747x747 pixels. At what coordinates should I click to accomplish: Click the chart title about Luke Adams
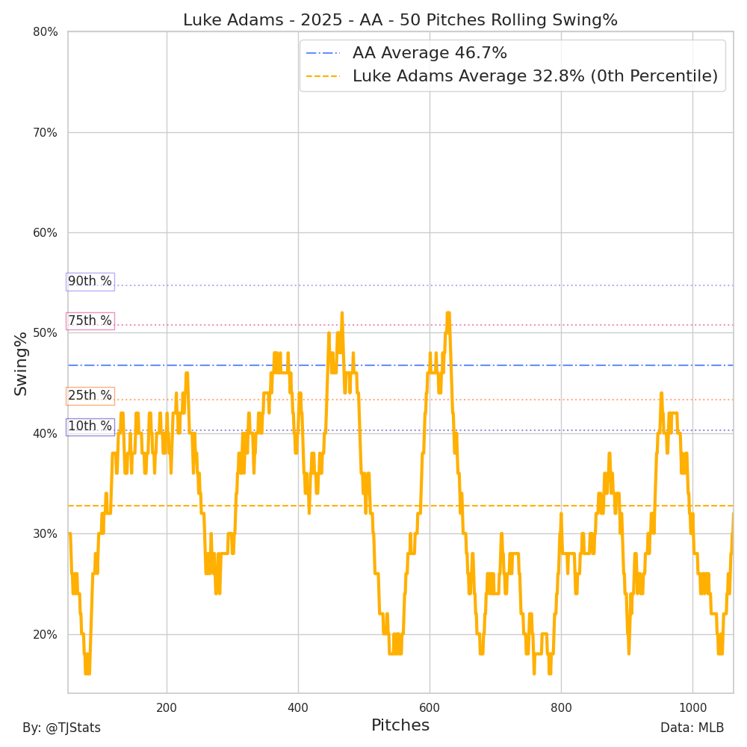click(400, 20)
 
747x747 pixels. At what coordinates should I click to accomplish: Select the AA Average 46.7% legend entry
click(430, 53)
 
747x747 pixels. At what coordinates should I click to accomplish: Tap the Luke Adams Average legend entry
click(535, 76)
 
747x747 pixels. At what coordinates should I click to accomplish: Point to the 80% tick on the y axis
click(45, 32)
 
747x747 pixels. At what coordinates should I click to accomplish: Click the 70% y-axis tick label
click(45, 133)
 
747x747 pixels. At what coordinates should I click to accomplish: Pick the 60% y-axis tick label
click(45, 233)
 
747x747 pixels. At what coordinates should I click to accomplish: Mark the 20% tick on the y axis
click(45, 635)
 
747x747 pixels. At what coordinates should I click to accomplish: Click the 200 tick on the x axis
click(167, 707)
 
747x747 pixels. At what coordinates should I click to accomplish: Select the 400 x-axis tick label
click(298, 707)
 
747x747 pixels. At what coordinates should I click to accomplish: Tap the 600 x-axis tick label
click(430, 707)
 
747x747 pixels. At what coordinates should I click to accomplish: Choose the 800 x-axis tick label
click(561, 707)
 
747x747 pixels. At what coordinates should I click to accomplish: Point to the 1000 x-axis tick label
click(692, 707)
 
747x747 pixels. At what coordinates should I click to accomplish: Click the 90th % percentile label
click(90, 282)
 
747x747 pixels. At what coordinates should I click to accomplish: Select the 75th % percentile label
click(90, 321)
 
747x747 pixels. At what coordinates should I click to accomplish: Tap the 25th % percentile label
click(90, 396)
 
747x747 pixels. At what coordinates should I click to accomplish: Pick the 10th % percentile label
click(90, 427)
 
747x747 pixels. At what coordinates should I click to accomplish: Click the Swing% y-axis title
click(21, 363)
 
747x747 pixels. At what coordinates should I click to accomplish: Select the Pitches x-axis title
click(400, 725)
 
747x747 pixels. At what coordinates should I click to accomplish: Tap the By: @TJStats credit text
click(61, 728)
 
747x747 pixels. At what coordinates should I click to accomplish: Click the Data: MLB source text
click(692, 728)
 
